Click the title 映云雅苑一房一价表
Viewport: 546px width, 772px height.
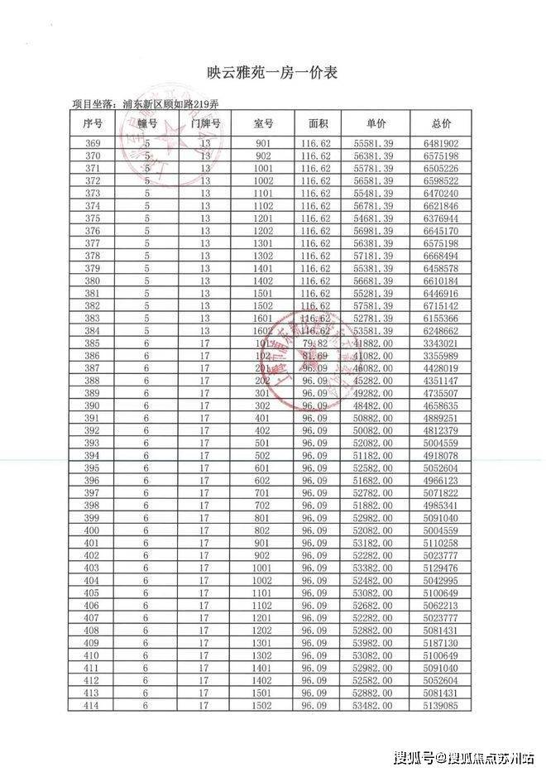click(272, 73)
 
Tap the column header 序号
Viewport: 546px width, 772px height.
click(93, 123)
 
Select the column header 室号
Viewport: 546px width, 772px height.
click(263, 123)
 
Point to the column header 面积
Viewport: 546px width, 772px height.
click(318, 123)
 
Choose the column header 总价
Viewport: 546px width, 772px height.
click(441, 123)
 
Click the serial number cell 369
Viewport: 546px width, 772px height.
click(93, 143)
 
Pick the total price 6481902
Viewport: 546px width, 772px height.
click(441, 143)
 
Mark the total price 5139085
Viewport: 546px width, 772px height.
click(441, 704)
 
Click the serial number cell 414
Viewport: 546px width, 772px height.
click(93, 704)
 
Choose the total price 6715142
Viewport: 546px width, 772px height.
click(441, 305)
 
